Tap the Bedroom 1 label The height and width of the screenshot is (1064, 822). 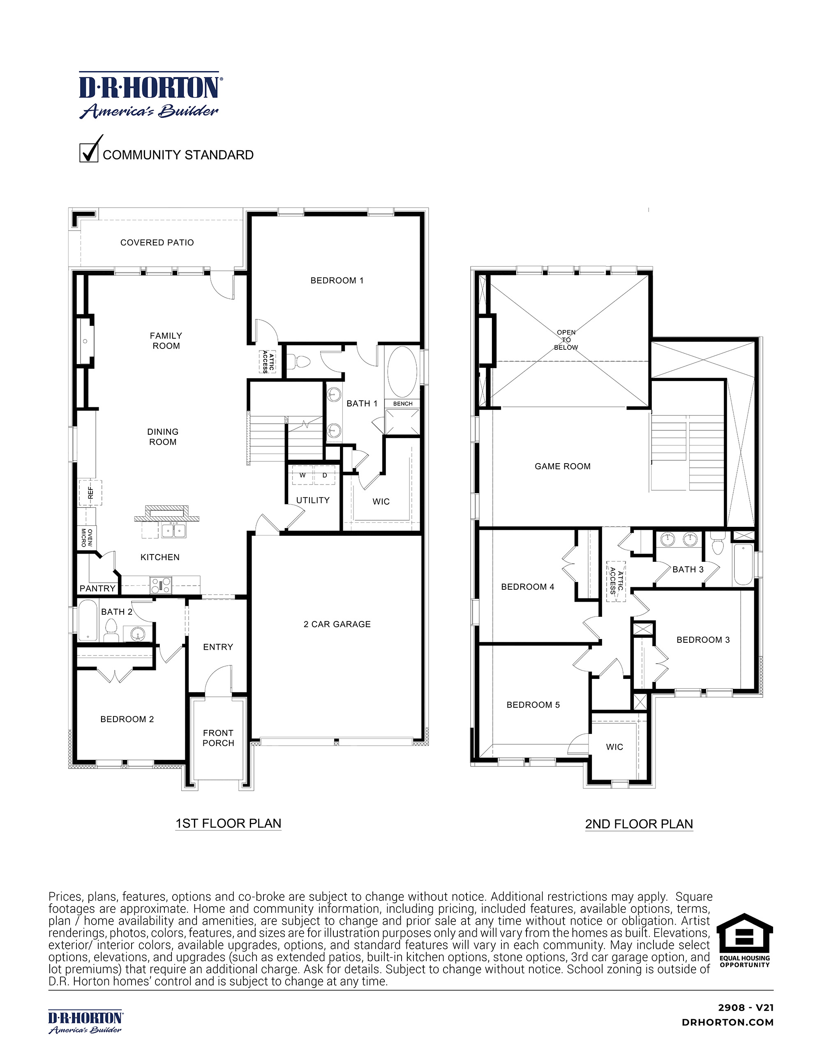coord(337,281)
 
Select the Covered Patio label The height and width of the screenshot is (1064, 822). coord(157,242)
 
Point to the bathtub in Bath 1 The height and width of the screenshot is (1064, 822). coord(402,372)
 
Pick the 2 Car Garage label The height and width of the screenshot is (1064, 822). coord(337,624)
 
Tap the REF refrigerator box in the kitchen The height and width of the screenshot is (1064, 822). coord(90,493)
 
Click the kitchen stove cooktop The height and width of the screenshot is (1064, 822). coord(160,585)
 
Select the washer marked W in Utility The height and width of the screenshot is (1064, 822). coord(302,475)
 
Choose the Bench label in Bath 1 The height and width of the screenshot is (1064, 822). coord(402,404)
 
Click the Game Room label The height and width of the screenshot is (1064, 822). coord(562,466)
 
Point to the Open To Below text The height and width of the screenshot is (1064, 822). coord(566,340)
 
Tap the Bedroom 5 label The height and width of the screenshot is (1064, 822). coord(533,705)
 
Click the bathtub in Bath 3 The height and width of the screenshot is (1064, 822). coord(743,565)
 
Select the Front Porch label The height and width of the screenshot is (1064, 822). coord(218,738)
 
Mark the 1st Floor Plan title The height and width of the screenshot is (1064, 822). coord(228,823)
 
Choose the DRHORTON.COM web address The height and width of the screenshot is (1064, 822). coord(727,1022)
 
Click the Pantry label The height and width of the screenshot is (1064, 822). coord(97,589)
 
